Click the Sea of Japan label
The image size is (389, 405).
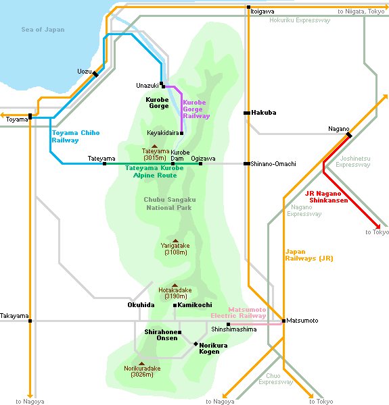[x=43, y=30]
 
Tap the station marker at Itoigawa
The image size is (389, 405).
[x=248, y=7]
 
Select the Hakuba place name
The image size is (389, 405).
[x=263, y=113]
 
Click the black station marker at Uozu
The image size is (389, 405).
[x=95, y=74]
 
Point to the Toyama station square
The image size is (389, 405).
[x=30, y=117]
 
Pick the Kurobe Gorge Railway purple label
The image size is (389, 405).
[x=196, y=109]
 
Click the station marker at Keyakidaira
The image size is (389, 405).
[x=182, y=133]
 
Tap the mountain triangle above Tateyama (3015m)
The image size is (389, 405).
[x=154, y=146]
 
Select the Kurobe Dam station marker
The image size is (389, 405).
[x=173, y=164]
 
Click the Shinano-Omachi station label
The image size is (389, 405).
[x=273, y=164]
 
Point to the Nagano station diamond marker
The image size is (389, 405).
[x=349, y=135]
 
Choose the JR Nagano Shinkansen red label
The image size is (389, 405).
[x=326, y=197]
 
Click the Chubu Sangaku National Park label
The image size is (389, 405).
[x=170, y=204]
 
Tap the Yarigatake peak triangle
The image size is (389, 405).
[x=175, y=241]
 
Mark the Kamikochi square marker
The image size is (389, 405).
[x=175, y=305]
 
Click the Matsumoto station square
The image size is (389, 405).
[x=283, y=321]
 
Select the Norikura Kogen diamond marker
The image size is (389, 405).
[x=196, y=344]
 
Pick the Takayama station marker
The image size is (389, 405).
[x=30, y=321]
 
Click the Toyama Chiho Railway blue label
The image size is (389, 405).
[x=76, y=136]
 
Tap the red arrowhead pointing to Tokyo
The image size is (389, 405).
[x=378, y=227]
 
